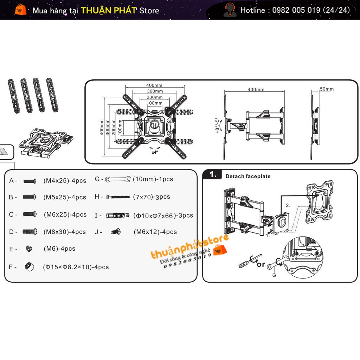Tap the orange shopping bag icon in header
pos(20,9)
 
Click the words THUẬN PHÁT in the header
pos(109,10)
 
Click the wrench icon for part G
pos(118,179)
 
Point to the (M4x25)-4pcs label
pos(65,181)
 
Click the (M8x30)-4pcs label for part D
pos(65,232)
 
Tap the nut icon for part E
pos(29,249)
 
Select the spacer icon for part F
pos(29,266)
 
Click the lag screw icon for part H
pos(118,197)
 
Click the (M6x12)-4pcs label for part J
pos(155,232)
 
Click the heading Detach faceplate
pos(248,176)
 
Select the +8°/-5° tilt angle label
pos(217,125)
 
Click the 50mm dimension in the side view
pos(326,89)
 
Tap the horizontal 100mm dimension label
pos(154,103)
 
